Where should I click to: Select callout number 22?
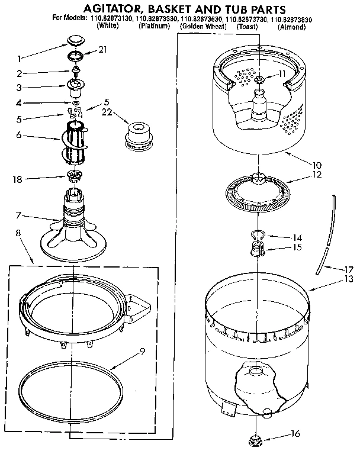click(107, 112)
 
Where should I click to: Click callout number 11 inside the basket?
click(282, 74)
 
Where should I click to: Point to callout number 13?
click(349, 278)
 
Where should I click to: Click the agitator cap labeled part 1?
click(74, 40)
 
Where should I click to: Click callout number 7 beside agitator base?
click(20, 214)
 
